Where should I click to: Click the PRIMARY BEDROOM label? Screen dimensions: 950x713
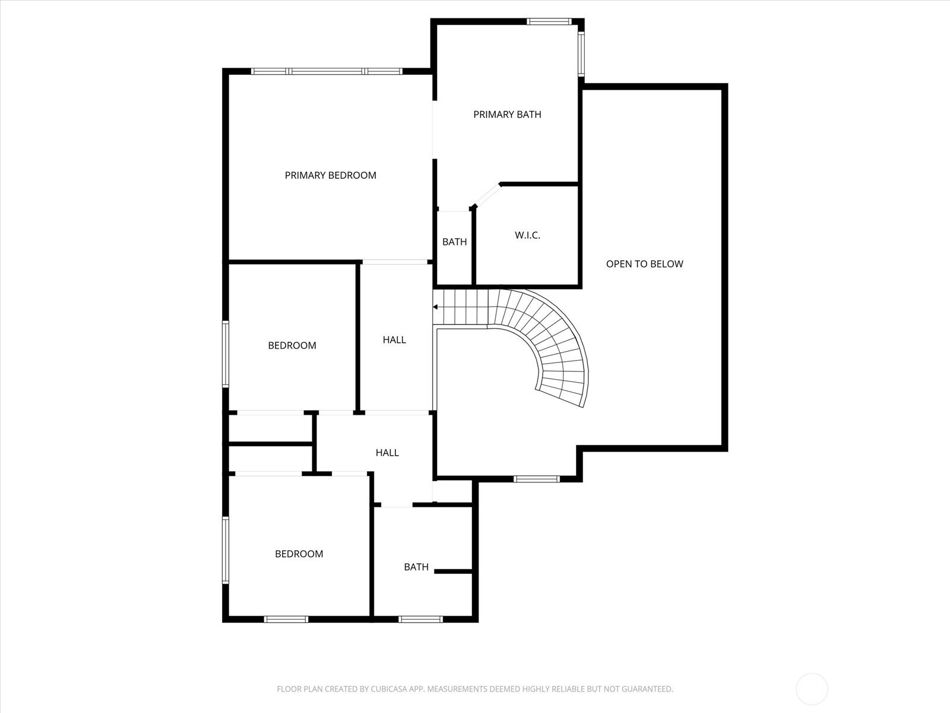[330, 175]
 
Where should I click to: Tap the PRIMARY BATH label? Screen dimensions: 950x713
[507, 114]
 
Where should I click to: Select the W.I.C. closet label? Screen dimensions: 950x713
[528, 235]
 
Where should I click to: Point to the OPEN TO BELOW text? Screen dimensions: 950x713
[644, 264]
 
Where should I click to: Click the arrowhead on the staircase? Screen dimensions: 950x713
[435, 307]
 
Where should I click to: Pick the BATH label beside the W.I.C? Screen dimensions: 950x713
[454, 242]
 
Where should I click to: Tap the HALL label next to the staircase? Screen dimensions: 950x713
[394, 340]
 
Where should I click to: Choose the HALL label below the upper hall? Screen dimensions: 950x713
[387, 452]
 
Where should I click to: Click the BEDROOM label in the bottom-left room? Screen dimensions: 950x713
[299, 554]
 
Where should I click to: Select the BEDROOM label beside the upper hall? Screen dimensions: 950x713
[292, 345]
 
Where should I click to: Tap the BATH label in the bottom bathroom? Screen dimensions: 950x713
[416, 567]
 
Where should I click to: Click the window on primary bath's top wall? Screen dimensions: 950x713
[549, 21]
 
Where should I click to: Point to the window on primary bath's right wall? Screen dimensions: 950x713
[581, 54]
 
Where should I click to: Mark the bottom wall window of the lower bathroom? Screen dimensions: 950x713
[421, 619]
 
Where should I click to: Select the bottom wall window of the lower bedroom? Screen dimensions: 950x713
[286, 619]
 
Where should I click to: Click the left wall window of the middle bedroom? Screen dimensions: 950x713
[226, 354]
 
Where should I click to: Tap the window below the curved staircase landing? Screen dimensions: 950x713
[537, 479]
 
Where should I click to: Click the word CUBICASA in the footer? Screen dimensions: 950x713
[389, 689]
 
